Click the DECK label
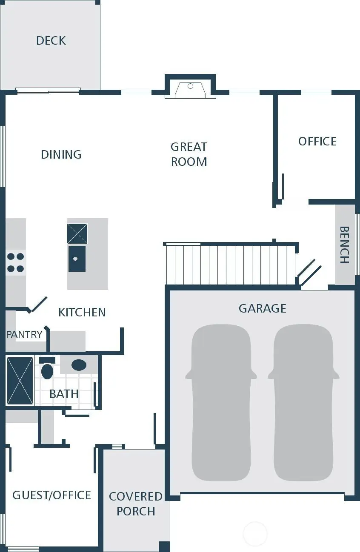[51, 41]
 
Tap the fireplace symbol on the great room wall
[190, 89]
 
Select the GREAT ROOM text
[189, 154]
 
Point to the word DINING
[61, 154]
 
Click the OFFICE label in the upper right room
[317, 141]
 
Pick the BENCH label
[344, 245]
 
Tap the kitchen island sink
[77, 259]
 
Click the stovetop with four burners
[15, 262]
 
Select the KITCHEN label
[82, 312]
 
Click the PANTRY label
[24, 335]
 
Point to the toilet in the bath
[47, 369]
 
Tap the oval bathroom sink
[79, 365]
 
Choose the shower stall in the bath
[20, 381]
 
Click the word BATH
[64, 394]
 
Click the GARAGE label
[262, 308]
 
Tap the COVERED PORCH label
[136, 504]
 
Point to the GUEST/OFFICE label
[51, 495]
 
